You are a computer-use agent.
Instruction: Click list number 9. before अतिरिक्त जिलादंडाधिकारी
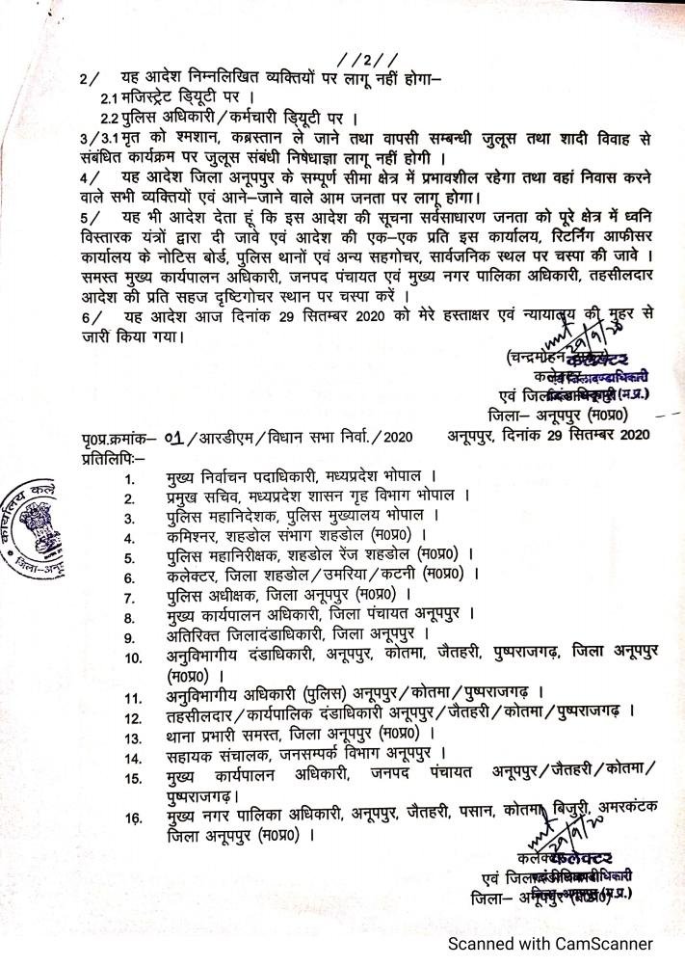coord(130,635)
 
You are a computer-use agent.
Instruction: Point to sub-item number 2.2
coord(112,119)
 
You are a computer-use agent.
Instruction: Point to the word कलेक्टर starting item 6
coord(191,576)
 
